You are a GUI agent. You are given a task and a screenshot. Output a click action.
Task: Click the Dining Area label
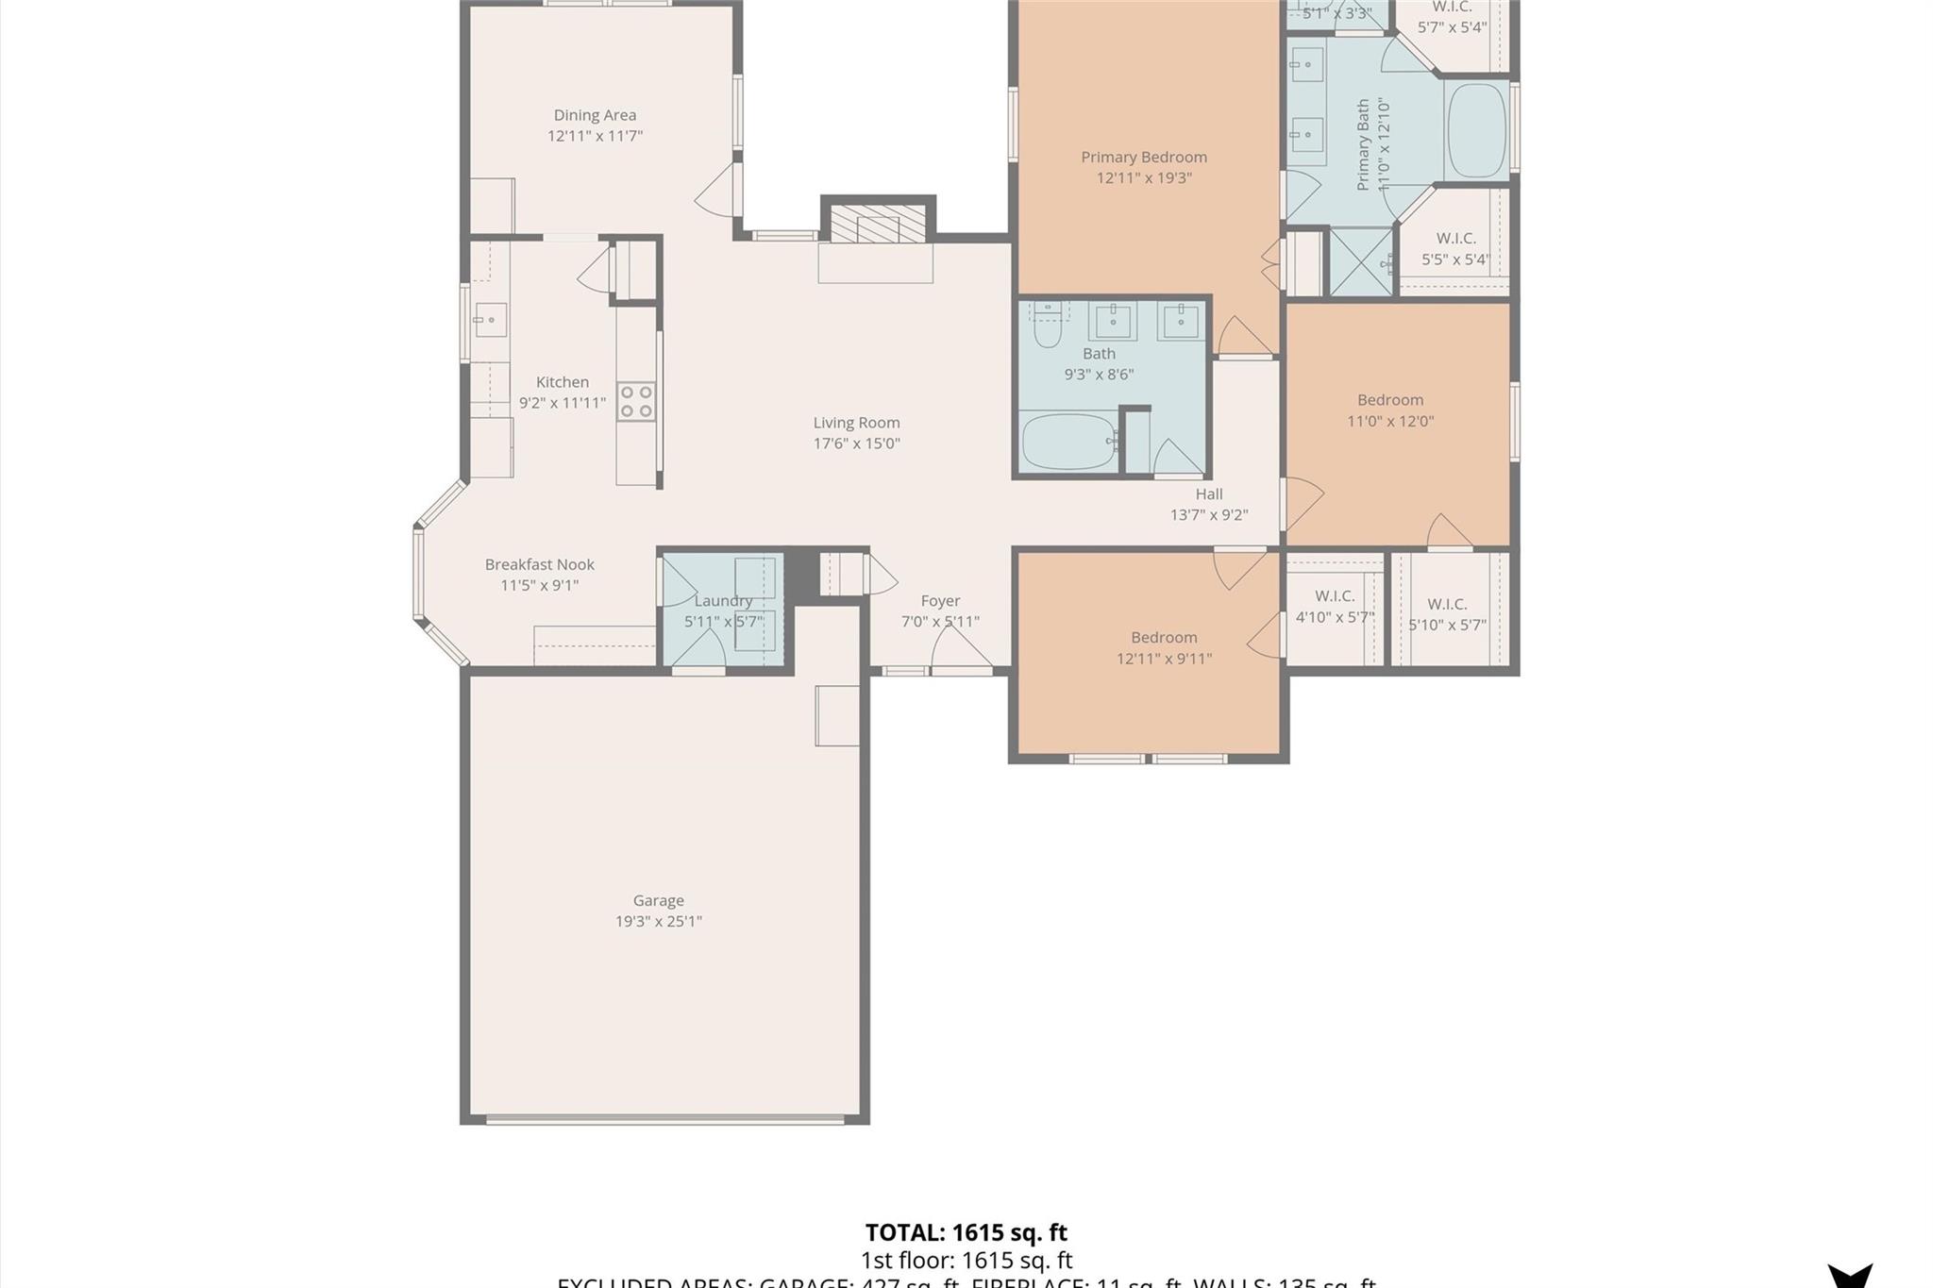[x=595, y=115]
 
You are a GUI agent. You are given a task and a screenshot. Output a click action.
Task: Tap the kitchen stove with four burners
[x=636, y=401]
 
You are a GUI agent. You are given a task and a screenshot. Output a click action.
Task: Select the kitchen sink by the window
[x=490, y=320]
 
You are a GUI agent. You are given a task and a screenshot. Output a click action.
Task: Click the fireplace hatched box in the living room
[x=878, y=224]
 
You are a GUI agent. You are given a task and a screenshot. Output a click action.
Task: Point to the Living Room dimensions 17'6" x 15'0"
[x=856, y=443]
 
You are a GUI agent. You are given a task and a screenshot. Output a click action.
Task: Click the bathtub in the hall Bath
[x=1068, y=441]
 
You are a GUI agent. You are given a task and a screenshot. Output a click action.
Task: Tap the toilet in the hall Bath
[x=1048, y=326]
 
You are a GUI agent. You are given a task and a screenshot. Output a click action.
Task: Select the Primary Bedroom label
[x=1144, y=157]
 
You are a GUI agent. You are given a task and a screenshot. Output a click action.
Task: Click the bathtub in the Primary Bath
[x=1476, y=130]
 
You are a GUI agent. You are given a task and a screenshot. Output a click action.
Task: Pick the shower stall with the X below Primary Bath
[x=1361, y=261]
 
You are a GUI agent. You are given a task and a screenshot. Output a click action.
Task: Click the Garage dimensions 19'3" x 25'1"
[x=658, y=921]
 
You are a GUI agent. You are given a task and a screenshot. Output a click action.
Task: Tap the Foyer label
[x=940, y=601]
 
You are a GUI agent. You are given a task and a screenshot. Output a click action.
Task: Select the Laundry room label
[x=723, y=601]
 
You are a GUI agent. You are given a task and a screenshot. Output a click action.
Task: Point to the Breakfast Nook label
[x=539, y=564]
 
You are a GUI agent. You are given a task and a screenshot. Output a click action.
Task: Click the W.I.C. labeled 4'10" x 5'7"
[x=1335, y=607]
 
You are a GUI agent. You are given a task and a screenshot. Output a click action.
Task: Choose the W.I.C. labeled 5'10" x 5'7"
[x=1447, y=614]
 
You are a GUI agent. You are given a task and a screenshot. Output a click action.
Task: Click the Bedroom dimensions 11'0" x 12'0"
[x=1390, y=421]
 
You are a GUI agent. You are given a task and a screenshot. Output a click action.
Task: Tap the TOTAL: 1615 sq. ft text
[x=966, y=1232]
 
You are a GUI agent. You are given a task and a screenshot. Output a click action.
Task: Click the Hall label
[x=1209, y=493]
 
